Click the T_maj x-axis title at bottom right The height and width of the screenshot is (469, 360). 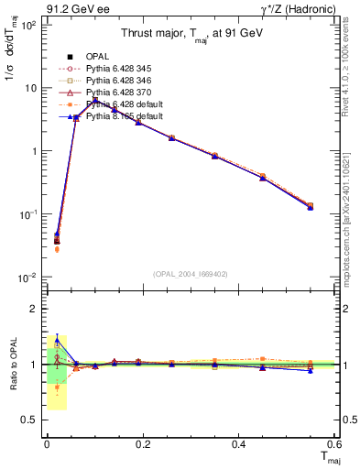[328, 459]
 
